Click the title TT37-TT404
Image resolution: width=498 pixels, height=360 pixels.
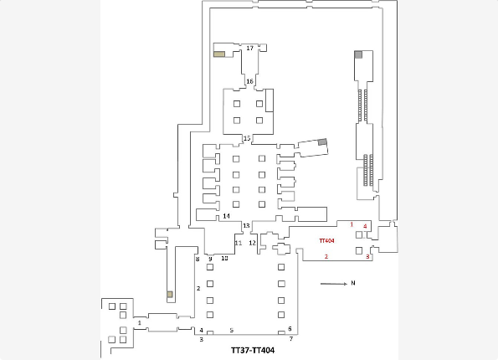253,350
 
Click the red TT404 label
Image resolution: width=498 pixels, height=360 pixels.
326,240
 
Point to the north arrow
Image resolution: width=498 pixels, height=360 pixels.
334,284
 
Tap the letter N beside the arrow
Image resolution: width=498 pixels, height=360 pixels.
353,283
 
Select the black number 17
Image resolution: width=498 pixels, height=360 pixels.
250,48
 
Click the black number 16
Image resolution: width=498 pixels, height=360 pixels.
249,81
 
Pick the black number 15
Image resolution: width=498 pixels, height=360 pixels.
247,138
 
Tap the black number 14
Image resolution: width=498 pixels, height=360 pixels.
226,216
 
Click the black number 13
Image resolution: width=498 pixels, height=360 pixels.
246,225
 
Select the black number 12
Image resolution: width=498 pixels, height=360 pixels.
252,243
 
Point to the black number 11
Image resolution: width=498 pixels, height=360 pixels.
239,243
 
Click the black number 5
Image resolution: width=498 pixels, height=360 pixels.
232,331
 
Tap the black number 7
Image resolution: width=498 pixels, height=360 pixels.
291,339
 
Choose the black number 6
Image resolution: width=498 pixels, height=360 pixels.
290,329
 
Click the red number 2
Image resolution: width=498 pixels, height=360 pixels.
326,257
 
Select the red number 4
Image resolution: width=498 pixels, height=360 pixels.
365,226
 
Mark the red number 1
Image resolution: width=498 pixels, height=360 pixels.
352,224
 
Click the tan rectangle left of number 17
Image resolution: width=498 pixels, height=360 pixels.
219,54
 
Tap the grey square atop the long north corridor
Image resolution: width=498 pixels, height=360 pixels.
358,54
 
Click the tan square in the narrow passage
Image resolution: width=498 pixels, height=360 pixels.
170,294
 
